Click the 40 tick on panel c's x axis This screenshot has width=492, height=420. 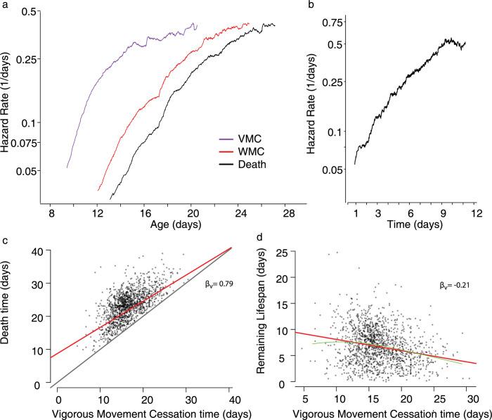[231, 396]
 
